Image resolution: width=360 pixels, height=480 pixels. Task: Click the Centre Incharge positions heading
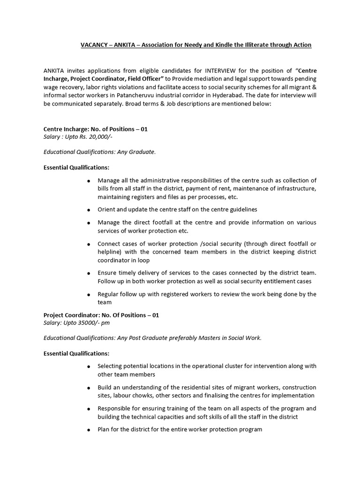pyautogui.click(x=96, y=129)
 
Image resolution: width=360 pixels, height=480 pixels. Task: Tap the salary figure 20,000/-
pyautogui.click(x=100, y=137)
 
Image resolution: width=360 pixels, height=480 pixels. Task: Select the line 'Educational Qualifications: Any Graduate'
pyautogui.click(x=99, y=152)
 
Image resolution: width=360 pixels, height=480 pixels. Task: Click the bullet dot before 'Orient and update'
pyautogui.click(x=89, y=210)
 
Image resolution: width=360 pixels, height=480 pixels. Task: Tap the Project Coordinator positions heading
pyautogui.click(x=101, y=315)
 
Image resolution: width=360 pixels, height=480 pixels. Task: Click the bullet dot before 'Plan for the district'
pyautogui.click(x=89, y=430)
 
